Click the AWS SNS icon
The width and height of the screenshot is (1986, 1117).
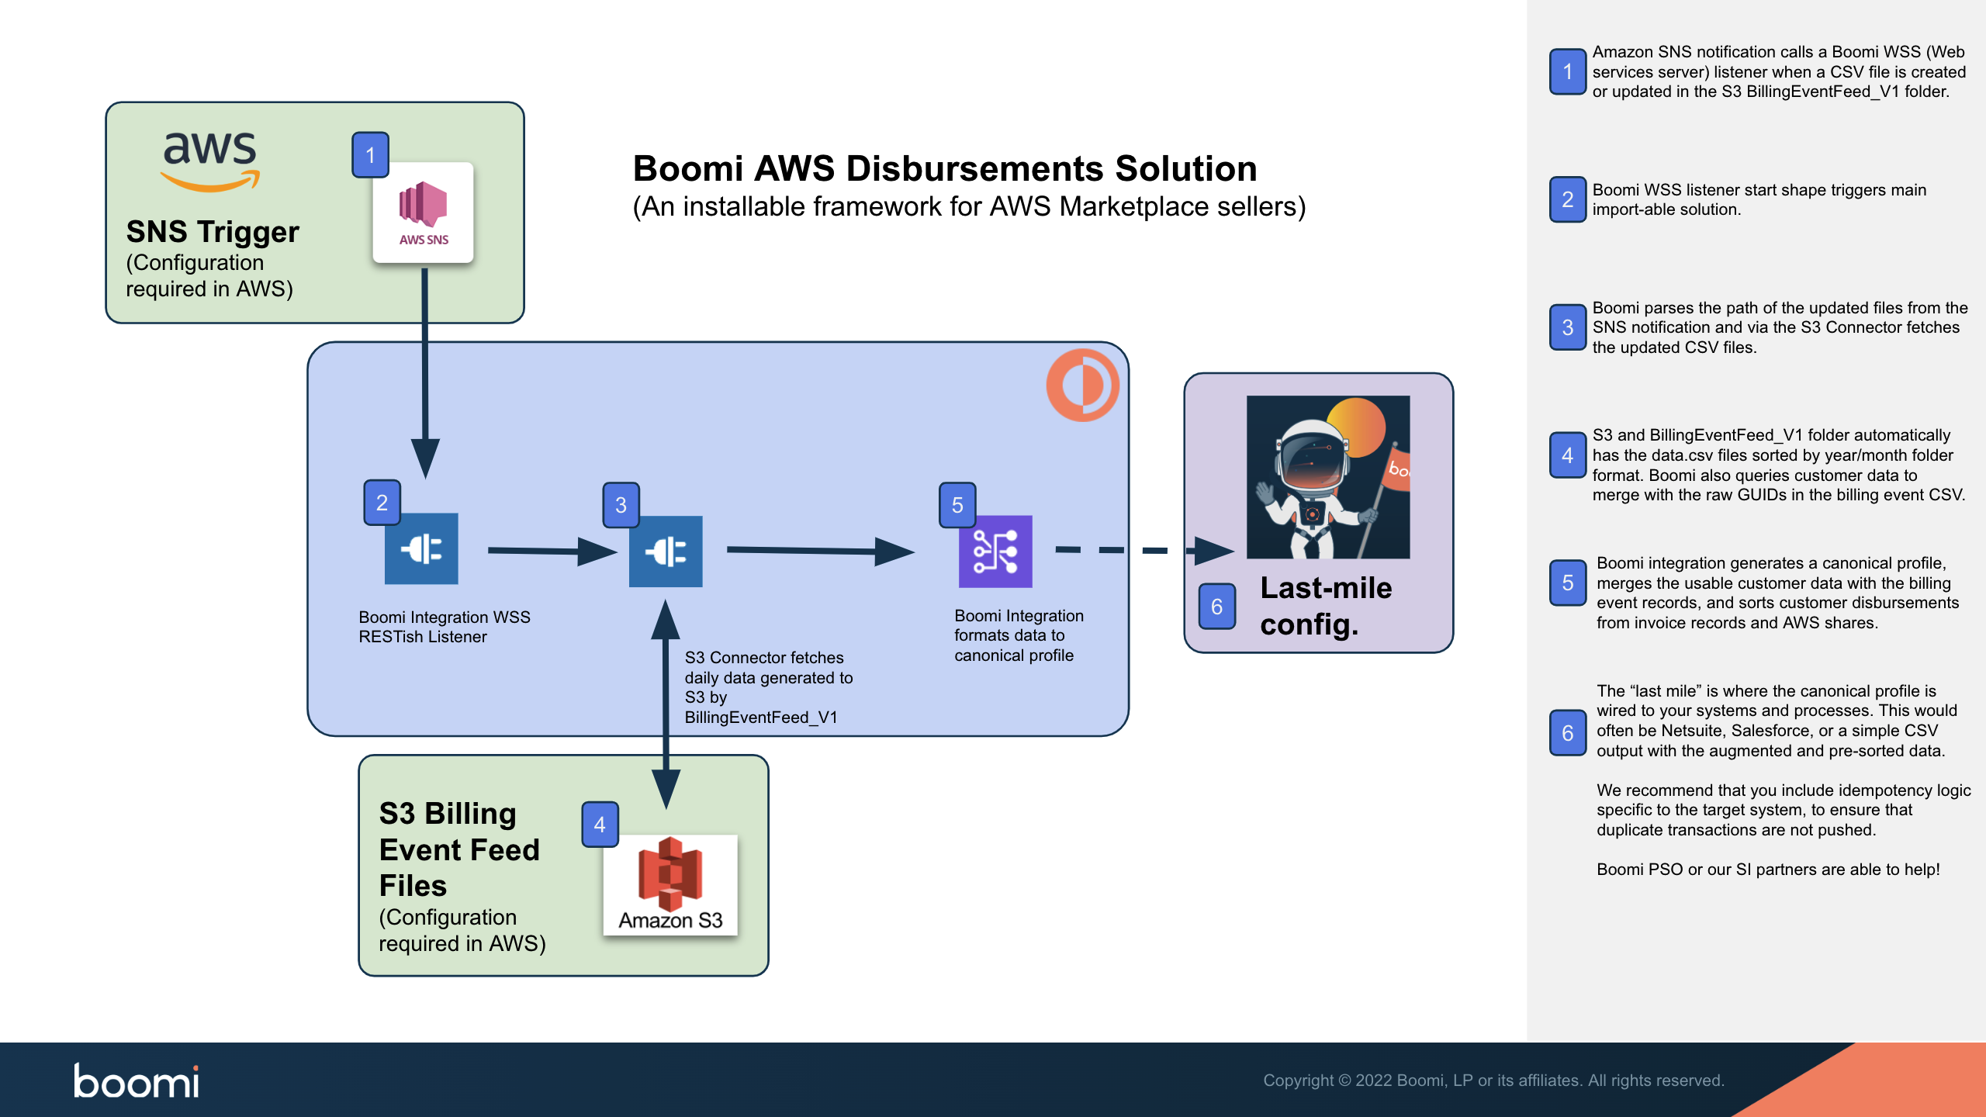click(423, 212)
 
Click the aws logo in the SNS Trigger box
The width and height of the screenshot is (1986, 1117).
click(209, 160)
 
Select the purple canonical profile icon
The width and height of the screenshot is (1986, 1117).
click(995, 552)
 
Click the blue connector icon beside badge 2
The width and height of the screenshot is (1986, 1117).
click(421, 548)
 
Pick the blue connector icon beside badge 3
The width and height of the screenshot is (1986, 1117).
click(666, 552)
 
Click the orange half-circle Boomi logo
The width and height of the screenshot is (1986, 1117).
click(1083, 385)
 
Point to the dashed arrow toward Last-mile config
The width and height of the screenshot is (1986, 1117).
click(1140, 551)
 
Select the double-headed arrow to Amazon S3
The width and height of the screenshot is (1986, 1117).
click(666, 702)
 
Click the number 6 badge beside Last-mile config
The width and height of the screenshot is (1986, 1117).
click(1216, 607)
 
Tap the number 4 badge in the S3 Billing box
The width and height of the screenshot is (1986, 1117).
click(600, 825)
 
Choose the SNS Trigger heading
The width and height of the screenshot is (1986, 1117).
click(213, 232)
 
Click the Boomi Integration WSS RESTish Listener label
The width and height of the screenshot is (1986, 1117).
click(444, 627)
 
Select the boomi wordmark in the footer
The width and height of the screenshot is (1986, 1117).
click(137, 1081)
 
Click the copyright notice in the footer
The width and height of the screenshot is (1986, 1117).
click(1493, 1081)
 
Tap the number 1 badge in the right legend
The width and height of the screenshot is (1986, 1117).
click(1567, 72)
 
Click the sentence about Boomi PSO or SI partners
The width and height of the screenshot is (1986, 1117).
click(1768, 870)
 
